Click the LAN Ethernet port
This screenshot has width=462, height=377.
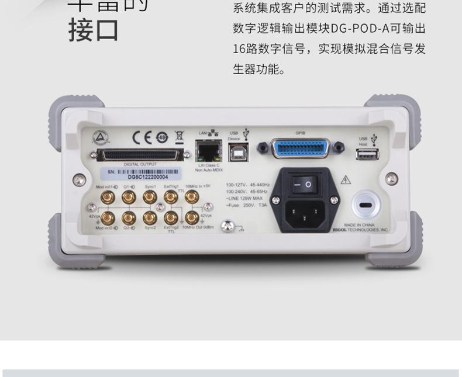206,151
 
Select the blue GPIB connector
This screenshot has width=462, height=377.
301,147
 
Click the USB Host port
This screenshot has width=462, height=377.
368,154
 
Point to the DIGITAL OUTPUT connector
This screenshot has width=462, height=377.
141,155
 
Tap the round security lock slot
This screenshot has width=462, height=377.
367,206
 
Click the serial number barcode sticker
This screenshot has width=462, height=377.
143,174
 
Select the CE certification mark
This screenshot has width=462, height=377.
143,137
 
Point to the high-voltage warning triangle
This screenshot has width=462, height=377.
346,180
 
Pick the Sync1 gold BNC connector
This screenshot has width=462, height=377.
150,197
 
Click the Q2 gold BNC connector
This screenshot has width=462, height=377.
129,218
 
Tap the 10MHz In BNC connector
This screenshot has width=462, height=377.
191,197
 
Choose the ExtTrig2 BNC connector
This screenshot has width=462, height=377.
171,218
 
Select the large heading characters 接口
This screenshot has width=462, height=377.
94,30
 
